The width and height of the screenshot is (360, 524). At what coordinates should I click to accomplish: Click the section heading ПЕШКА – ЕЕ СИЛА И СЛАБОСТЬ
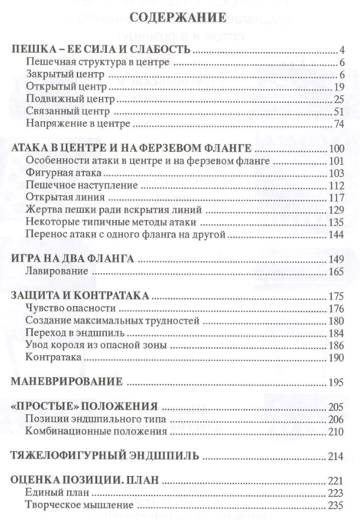coord(101,50)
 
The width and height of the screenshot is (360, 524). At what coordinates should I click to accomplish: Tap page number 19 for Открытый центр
coord(340,86)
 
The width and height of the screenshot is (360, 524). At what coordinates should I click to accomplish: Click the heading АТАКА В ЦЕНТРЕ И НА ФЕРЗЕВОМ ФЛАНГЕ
coord(131,149)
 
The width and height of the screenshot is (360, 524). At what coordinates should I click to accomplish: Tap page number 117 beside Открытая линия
coord(337,198)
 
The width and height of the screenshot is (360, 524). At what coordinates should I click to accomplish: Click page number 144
coord(337,235)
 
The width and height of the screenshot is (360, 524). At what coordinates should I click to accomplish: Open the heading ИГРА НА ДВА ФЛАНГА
coord(72,259)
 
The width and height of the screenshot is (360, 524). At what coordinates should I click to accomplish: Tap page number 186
coord(337,346)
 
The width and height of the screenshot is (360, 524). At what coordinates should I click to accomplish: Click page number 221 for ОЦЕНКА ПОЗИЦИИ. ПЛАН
coord(337,480)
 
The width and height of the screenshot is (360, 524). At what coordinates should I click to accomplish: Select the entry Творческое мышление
coord(79,505)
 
